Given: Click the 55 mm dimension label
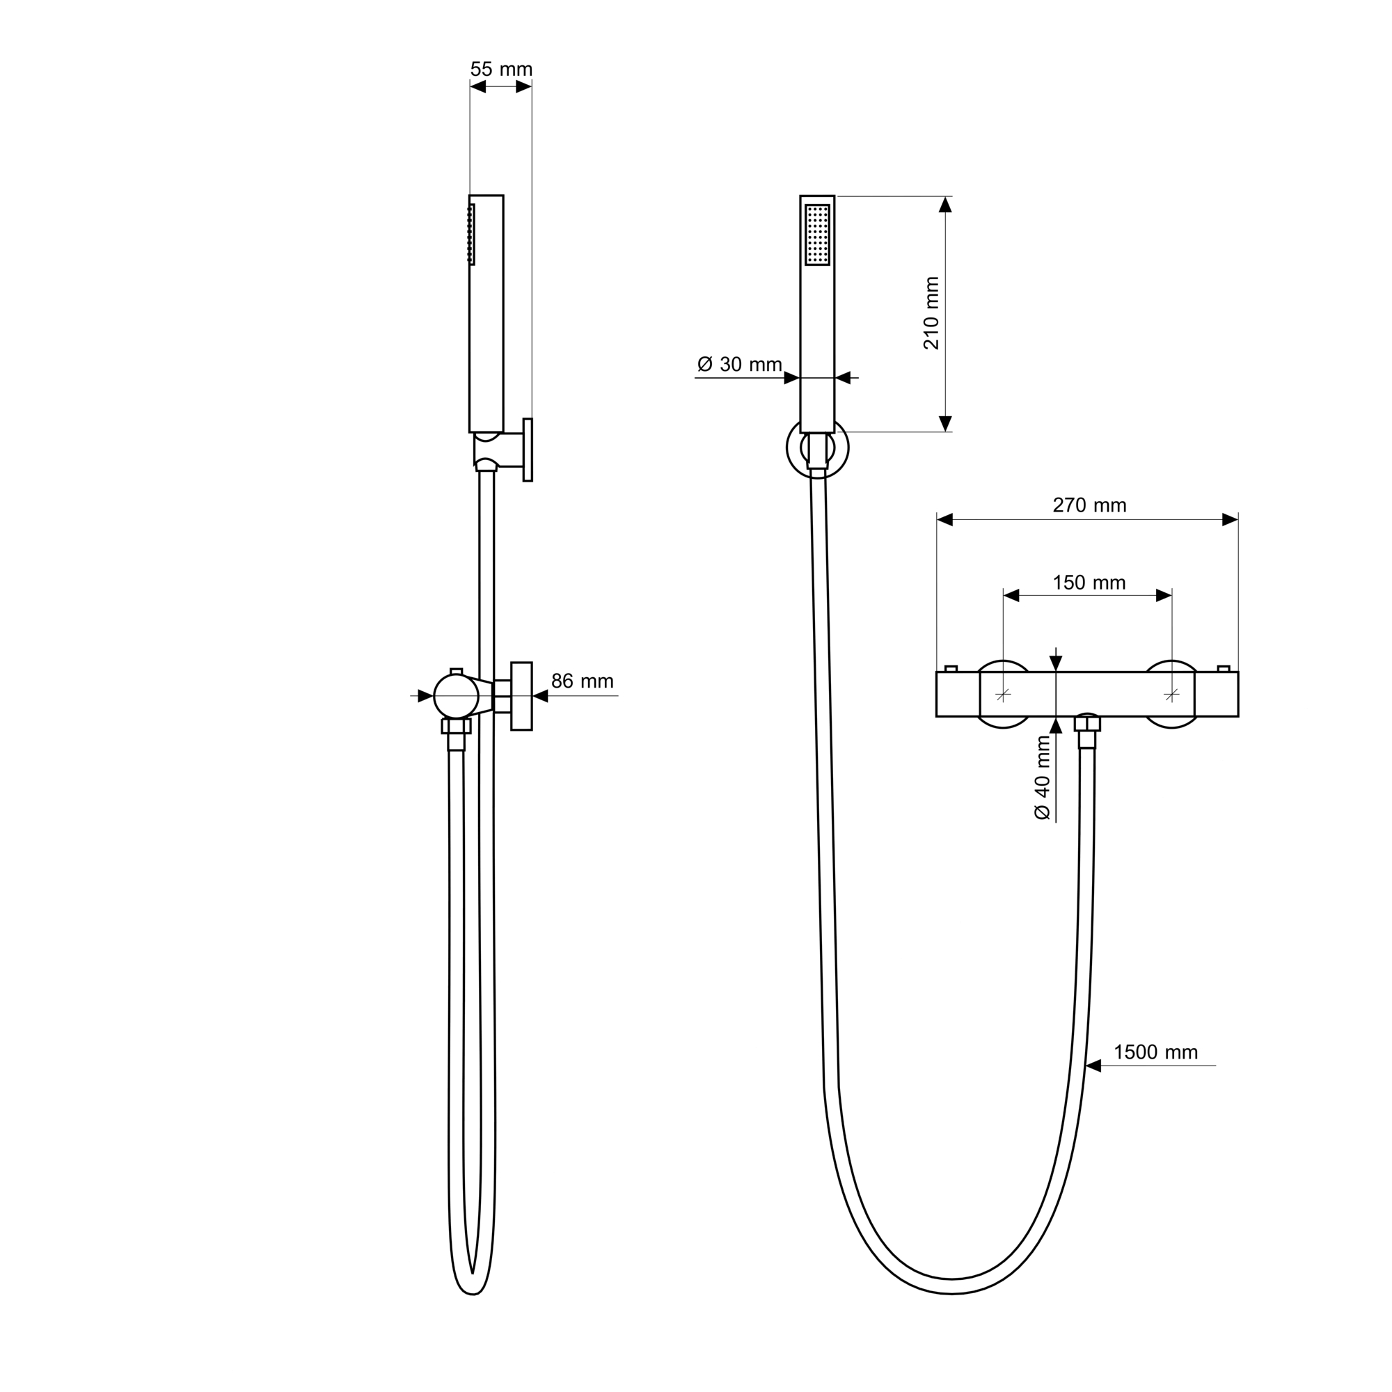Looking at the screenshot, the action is coord(501,70).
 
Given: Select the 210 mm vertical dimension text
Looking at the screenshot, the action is coord(932,313).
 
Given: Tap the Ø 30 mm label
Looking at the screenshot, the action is coord(739,365).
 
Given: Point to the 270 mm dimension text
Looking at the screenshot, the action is coord(1089,506).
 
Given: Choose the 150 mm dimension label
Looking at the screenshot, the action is coord(1089,583).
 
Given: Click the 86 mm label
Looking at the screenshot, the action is coord(582,681).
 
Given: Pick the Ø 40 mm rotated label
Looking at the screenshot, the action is coord(1043,778).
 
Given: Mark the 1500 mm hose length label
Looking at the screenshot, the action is coord(1155,1052).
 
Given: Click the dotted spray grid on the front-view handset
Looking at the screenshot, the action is coord(818,235).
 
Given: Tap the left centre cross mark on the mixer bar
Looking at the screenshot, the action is coord(1003,695).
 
